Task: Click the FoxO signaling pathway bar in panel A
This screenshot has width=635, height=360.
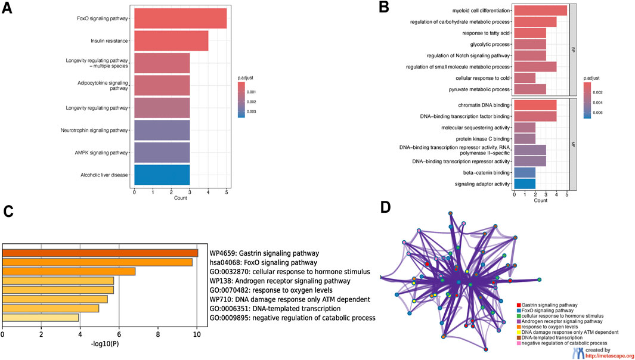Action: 180,18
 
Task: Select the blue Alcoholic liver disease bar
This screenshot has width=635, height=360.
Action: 162,175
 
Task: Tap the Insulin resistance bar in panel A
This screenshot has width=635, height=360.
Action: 171,41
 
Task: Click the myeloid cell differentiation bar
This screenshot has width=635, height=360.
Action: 540,10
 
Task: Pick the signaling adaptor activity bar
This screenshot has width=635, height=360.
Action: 525,183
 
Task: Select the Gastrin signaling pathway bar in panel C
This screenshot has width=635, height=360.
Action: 100,253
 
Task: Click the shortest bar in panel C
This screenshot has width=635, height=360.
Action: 41,318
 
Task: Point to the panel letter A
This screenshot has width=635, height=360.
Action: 8,11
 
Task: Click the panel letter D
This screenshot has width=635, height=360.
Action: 386,207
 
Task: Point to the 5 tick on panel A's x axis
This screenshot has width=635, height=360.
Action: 227,191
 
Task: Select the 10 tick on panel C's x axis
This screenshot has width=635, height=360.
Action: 197,336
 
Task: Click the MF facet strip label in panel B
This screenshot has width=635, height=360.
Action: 573,144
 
